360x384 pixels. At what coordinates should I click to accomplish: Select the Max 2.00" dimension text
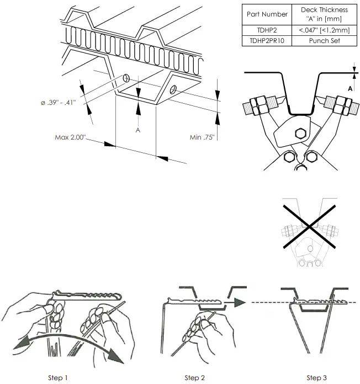pyautogui.click(x=71, y=137)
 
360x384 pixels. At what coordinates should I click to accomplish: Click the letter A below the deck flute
pyautogui.click(x=138, y=130)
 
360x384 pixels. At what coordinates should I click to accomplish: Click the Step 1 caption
pyautogui.click(x=58, y=377)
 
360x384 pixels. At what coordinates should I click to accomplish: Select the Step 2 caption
pyautogui.click(x=195, y=377)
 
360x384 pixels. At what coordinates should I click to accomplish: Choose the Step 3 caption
pyautogui.click(x=316, y=377)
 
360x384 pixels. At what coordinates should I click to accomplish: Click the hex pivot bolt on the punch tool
pyautogui.click(x=301, y=132)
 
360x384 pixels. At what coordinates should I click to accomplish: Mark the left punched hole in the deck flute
pyautogui.click(x=126, y=77)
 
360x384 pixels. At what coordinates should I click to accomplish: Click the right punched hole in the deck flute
pyautogui.click(x=173, y=89)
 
